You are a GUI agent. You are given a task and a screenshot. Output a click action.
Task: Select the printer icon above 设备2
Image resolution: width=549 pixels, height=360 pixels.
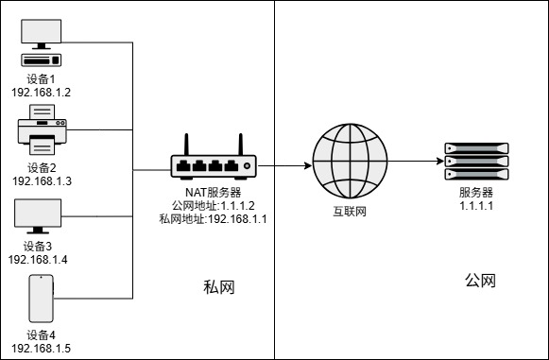[41, 129]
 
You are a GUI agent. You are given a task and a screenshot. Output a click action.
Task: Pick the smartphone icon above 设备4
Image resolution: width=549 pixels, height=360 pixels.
[40, 298]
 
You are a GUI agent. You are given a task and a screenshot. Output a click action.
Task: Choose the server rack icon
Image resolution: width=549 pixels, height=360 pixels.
[476, 163]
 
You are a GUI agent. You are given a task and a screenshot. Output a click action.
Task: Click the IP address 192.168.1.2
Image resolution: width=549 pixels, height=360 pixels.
[42, 93]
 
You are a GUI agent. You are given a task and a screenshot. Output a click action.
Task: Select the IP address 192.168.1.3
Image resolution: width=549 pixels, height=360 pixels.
[42, 180]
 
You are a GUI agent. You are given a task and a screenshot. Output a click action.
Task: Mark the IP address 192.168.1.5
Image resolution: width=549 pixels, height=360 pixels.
[42, 348]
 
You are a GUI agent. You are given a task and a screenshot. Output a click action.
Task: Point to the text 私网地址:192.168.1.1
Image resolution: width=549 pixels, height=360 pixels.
[214, 219]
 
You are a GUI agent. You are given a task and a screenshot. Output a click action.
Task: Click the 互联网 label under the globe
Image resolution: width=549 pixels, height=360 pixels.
[349, 211]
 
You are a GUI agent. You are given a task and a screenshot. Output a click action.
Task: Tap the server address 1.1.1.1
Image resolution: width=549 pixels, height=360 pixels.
[476, 206]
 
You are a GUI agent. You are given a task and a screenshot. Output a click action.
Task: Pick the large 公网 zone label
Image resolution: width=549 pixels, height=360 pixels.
[480, 282]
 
